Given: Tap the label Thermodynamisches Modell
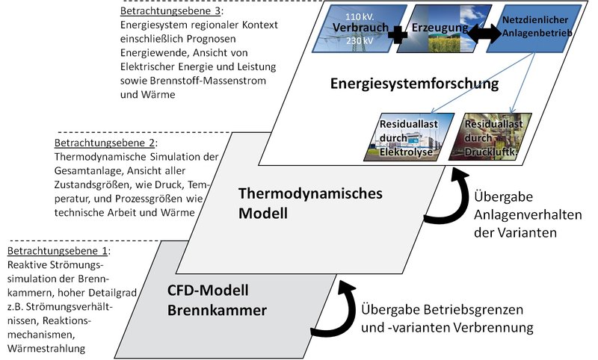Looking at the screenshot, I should (310, 202).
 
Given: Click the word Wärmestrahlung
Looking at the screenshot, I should (42, 348).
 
